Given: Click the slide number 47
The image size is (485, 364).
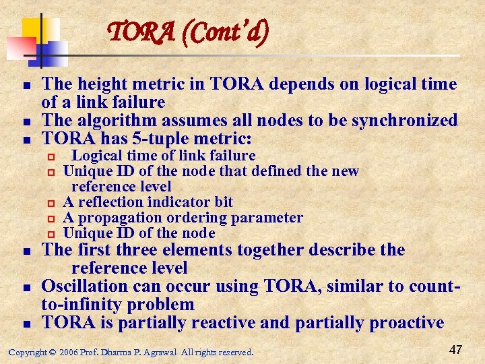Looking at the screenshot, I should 455,350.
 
